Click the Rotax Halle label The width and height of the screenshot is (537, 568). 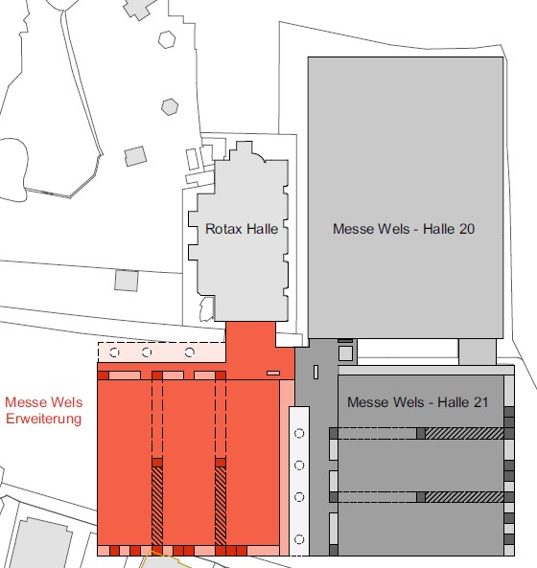coord(242,230)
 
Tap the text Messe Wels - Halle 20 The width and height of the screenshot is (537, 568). coord(404,230)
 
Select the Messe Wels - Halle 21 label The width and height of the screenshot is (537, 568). coord(417,402)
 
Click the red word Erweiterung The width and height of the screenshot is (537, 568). coord(43,419)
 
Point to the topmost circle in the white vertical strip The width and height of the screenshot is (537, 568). coord(299,434)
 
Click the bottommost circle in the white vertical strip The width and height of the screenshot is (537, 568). coord(299,539)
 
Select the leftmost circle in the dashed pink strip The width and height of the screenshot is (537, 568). coord(116,352)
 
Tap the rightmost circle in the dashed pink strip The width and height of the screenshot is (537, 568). coord(190,352)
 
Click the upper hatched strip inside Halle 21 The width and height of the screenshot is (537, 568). coord(464,434)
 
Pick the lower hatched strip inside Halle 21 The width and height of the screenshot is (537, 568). coord(464,497)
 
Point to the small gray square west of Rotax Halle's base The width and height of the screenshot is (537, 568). coord(126,281)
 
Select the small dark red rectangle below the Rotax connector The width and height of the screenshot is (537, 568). coord(272,373)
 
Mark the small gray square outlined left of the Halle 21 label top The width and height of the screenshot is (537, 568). coord(346,352)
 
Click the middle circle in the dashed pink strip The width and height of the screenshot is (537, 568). coord(147,352)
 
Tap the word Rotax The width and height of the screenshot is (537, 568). coord(224,230)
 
